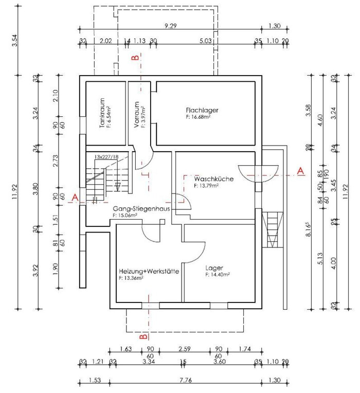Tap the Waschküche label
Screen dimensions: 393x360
pos(214,178)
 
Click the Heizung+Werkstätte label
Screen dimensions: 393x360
pos(149,271)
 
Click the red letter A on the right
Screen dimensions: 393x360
pos(301,169)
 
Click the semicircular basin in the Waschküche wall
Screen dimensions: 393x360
pos(258,169)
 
